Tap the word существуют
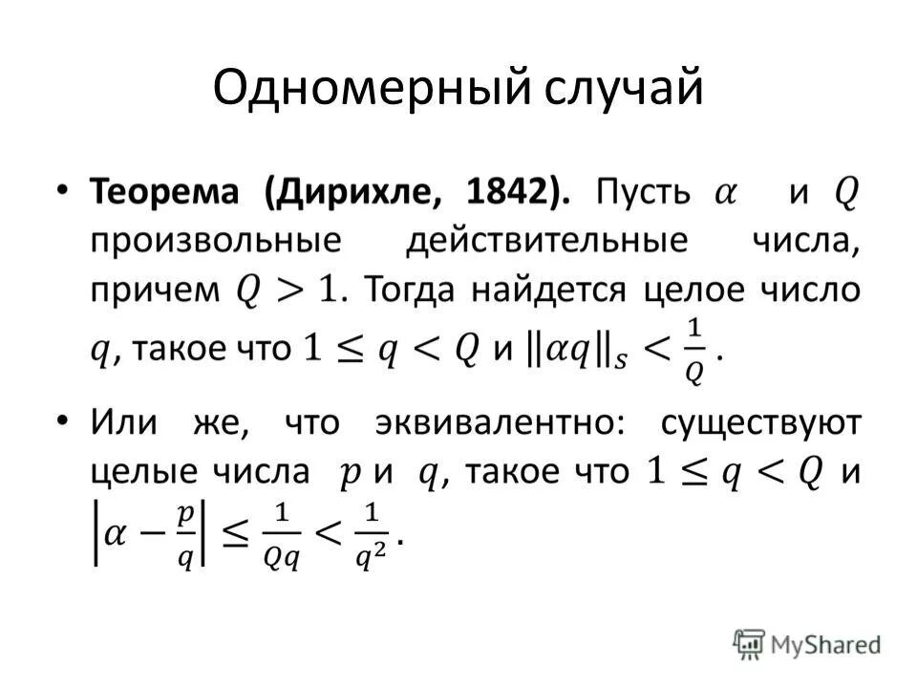pos(760,422)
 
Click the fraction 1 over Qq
pos(282,535)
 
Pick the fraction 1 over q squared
pos(370,535)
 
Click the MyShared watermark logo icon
pos(751,644)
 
